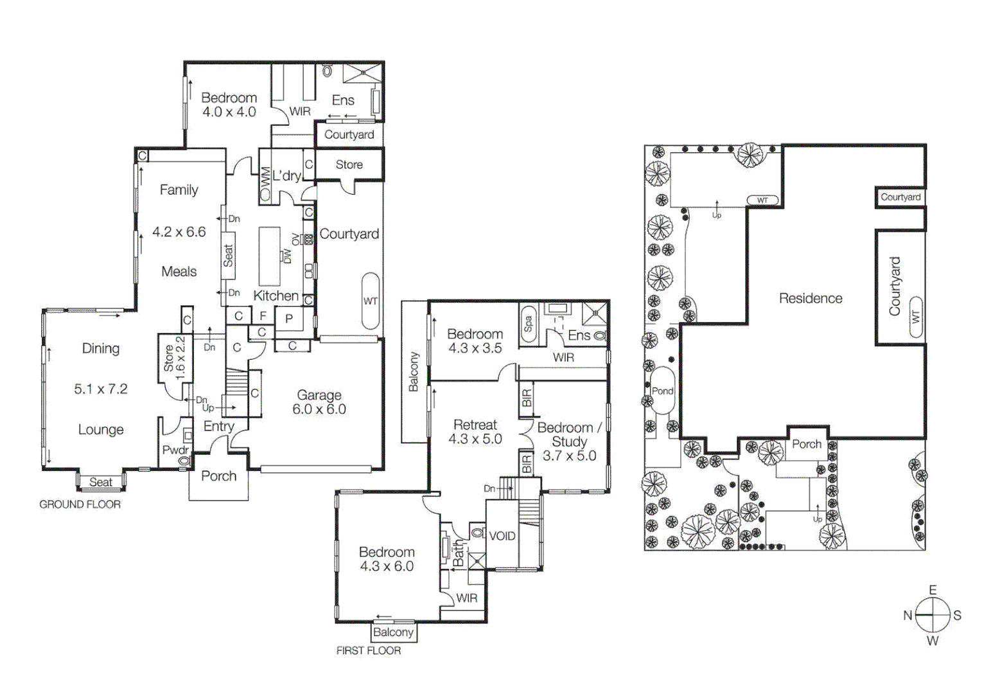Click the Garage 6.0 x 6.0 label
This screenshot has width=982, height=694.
pyautogui.click(x=319, y=402)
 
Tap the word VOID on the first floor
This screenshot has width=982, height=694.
pyautogui.click(x=502, y=536)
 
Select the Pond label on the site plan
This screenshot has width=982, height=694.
pyautogui.click(x=662, y=391)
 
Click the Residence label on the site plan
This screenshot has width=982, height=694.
pyautogui.click(x=811, y=298)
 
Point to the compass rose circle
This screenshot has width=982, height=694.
pyautogui.click(x=933, y=615)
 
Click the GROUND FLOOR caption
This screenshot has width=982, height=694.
pyautogui.click(x=80, y=504)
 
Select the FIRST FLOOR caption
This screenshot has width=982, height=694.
pyautogui.click(x=369, y=650)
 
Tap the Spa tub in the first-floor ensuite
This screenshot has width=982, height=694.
pyautogui.click(x=528, y=324)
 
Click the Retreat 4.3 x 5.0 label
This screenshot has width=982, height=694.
pyautogui.click(x=475, y=432)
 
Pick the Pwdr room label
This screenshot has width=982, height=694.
pyautogui.click(x=175, y=450)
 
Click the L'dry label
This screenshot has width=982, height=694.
pyautogui.click(x=286, y=175)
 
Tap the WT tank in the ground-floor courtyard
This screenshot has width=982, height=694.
pyautogui.click(x=371, y=301)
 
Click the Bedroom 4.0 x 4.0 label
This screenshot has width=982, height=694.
pyautogui.click(x=229, y=105)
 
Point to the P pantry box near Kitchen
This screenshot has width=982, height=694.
pyautogui.click(x=289, y=318)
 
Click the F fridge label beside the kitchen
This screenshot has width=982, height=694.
pyautogui.click(x=263, y=316)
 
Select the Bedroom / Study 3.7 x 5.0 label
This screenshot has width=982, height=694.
pyautogui.click(x=569, y=441)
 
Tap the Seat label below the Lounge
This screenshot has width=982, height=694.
pyautogui.click(x=101, y=482)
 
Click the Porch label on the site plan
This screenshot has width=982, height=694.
pyautogui.click(x=807, y=444)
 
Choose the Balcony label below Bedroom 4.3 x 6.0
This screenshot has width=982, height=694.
pyautogui.click(x=393, y=632)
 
